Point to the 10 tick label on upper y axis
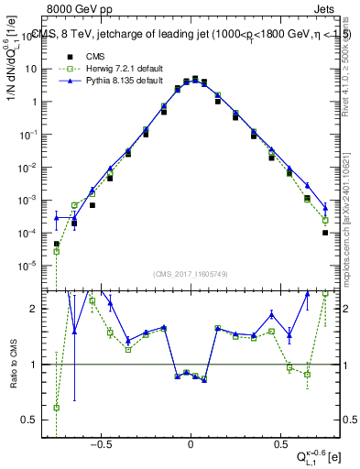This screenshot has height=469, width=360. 33,70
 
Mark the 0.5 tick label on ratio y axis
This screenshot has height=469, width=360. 34,420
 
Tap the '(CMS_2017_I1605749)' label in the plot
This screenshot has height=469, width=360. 191,274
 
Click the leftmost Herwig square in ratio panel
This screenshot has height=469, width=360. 57,408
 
